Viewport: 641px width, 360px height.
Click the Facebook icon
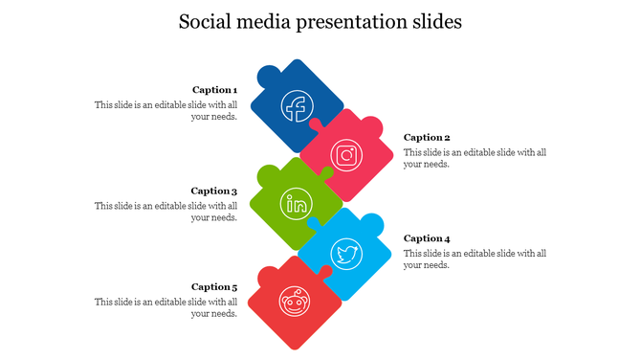coord(296,106)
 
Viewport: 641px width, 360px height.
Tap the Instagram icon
coord(346,154)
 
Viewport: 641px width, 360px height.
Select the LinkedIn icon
coord(297,203)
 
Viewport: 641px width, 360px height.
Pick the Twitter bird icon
coord(346,254)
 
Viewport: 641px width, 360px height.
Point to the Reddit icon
coord(295,302)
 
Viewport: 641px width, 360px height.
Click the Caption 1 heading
coord(214,90)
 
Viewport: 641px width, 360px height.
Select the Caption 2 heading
coord(427,137)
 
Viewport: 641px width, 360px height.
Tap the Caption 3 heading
coord(213,191)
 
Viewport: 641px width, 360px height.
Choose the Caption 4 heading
coord(427,238)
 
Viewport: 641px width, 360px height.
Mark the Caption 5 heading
coord(213,286)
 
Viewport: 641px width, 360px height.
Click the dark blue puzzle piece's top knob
coord(269,71)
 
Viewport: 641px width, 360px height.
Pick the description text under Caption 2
coord(475,158)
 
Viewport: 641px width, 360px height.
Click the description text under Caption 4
coord(475,259)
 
